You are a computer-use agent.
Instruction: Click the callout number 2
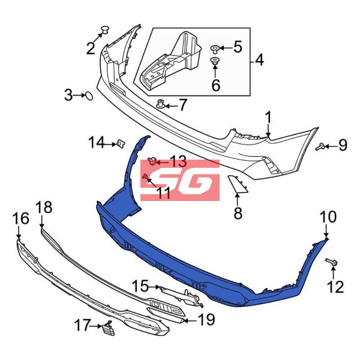[x=91, y=49]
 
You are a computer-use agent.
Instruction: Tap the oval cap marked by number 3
[x=89, y=96]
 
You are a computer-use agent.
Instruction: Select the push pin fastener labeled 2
[x=105, y=29]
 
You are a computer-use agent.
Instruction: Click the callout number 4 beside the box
[x=259, y=59]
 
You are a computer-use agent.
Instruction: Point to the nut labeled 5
[x=214, y=49]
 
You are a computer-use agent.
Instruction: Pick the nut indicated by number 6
[x=215, y=61]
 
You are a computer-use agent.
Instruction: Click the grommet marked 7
[x=161, y=104]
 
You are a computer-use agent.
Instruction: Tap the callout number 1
[x=268, y=118]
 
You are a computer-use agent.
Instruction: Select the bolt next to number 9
[x=320, y=146]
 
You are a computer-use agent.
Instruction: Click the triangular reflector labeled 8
[x=237, y=184]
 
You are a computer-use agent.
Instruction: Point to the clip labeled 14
[x=121, y=143]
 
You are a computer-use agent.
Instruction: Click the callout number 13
[x=178, y=161]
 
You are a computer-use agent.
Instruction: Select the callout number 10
[x=328, y=217]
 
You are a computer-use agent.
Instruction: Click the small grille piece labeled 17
[x=108, y=328]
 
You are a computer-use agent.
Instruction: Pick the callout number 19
[x=206, y=319]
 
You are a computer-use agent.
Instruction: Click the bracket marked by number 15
[x=181, y=296]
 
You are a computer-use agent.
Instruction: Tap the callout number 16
[x=21, y=218]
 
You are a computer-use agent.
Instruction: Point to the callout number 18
[x=44, y=207]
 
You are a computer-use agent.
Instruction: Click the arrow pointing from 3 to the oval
[x=79, y=95]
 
